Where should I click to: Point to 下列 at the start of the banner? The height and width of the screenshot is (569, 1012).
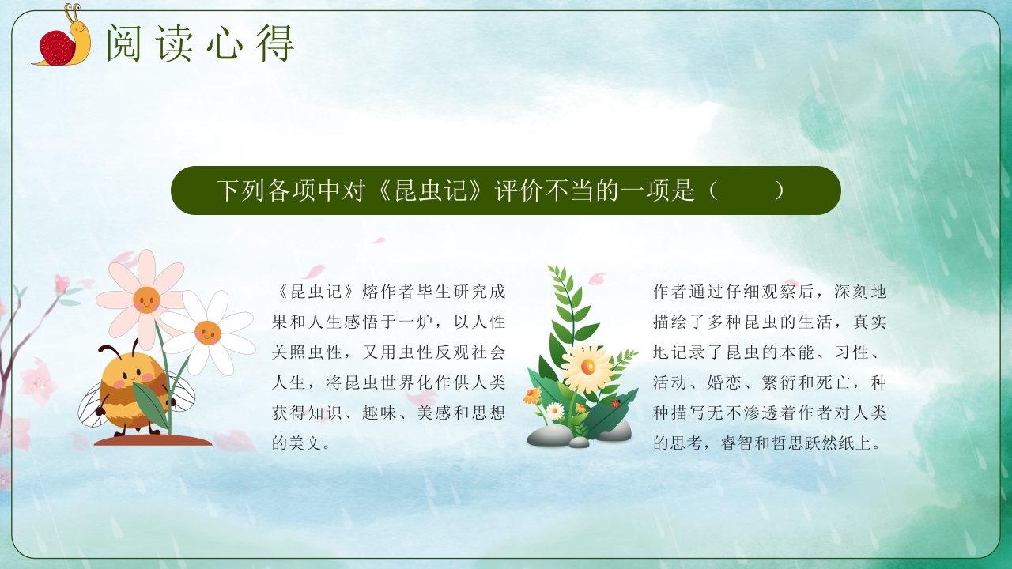click(x=240, y=190)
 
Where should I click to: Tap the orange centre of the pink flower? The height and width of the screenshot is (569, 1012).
click(x=146, y=300)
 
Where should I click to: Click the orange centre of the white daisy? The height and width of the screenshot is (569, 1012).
click(x=208, y=332)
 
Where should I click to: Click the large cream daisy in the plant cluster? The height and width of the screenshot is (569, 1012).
click(x=587, y=368)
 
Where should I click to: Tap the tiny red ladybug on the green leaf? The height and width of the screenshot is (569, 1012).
click(x=615, y=404)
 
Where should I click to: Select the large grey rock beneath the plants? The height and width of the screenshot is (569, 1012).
click(x=549, y=435)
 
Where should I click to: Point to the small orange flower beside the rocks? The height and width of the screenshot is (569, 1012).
click(x=532, y=395)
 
